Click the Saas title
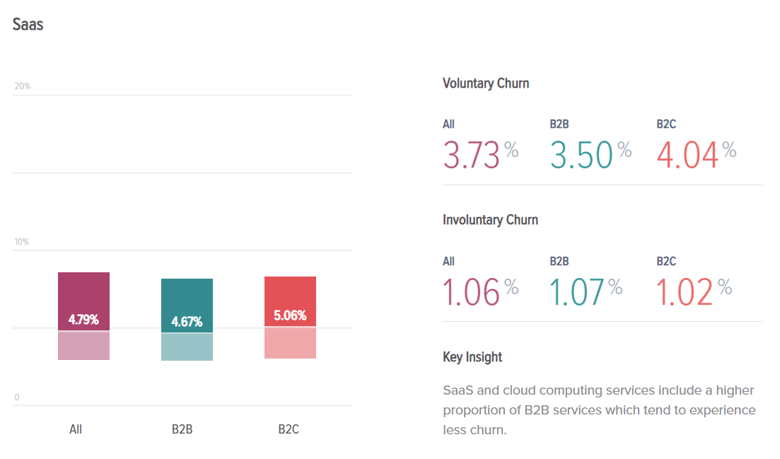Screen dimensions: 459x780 [x=28, y=24]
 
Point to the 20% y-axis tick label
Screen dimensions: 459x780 [x=23, y=86]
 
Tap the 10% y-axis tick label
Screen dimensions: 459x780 [x=23, y=242]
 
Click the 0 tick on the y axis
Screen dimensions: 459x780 [x=17, y=397]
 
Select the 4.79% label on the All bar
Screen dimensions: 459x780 [x=83, y=320]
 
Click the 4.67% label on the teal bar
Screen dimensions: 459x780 [x=187, y=323]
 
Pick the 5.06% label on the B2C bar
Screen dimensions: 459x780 [x=290, y=315]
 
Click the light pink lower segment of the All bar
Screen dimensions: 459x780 [x=83, y=346]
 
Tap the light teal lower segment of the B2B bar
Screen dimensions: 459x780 [x=187, y=347]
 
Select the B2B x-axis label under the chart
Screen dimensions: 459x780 [x=182, y=429]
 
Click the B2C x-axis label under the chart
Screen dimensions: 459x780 [x=289, y=429]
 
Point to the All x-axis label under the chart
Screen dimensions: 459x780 [x=76, y=429]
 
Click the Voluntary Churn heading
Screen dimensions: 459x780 [x=486, y=83]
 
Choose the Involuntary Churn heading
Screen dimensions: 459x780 [x=490, y=220]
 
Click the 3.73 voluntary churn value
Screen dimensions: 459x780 [x=472, y=156]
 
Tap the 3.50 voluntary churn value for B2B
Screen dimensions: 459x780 [x=581, y=156]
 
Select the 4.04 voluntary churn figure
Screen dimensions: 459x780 [x=687, y=156]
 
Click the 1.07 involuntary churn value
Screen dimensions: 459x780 [x=578, y=292]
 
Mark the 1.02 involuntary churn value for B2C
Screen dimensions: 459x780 [x=685, y=292]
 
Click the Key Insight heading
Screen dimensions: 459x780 [x=472, y=357]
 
